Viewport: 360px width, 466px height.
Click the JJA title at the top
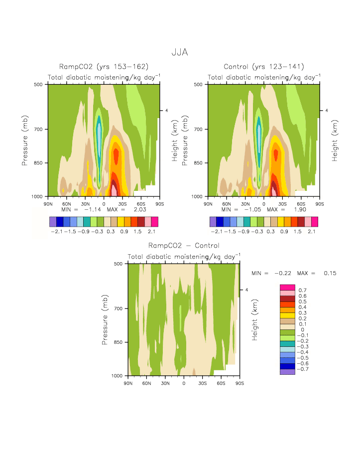click(x=180, y=52)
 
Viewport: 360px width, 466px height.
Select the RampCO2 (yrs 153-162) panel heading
click(x=104, y=67)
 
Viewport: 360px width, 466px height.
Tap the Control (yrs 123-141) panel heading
click(x=264, y=67)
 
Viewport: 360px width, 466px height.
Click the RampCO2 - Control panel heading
click(x=184, y=246)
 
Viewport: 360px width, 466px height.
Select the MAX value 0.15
click(x=329, y=273)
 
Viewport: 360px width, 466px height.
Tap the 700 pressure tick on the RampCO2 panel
click(x=40, y=129)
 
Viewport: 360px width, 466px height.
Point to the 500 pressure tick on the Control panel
click(x=201, y=84)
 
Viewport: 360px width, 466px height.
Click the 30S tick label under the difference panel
click(x=202, y=383)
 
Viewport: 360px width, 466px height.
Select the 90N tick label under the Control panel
click(x=208, y=204)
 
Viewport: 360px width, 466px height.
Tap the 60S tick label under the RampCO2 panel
click(x=141, y=204)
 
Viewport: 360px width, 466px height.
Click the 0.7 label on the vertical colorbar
click(x=302, y=290)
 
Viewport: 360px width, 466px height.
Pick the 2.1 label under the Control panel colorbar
click(x=311, y=232)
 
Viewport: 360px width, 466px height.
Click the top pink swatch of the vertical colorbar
click(x=288, y=287)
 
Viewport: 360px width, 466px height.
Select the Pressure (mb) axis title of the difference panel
click(x=105, y=319)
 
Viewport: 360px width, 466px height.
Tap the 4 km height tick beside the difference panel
click(x=246, y=290)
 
